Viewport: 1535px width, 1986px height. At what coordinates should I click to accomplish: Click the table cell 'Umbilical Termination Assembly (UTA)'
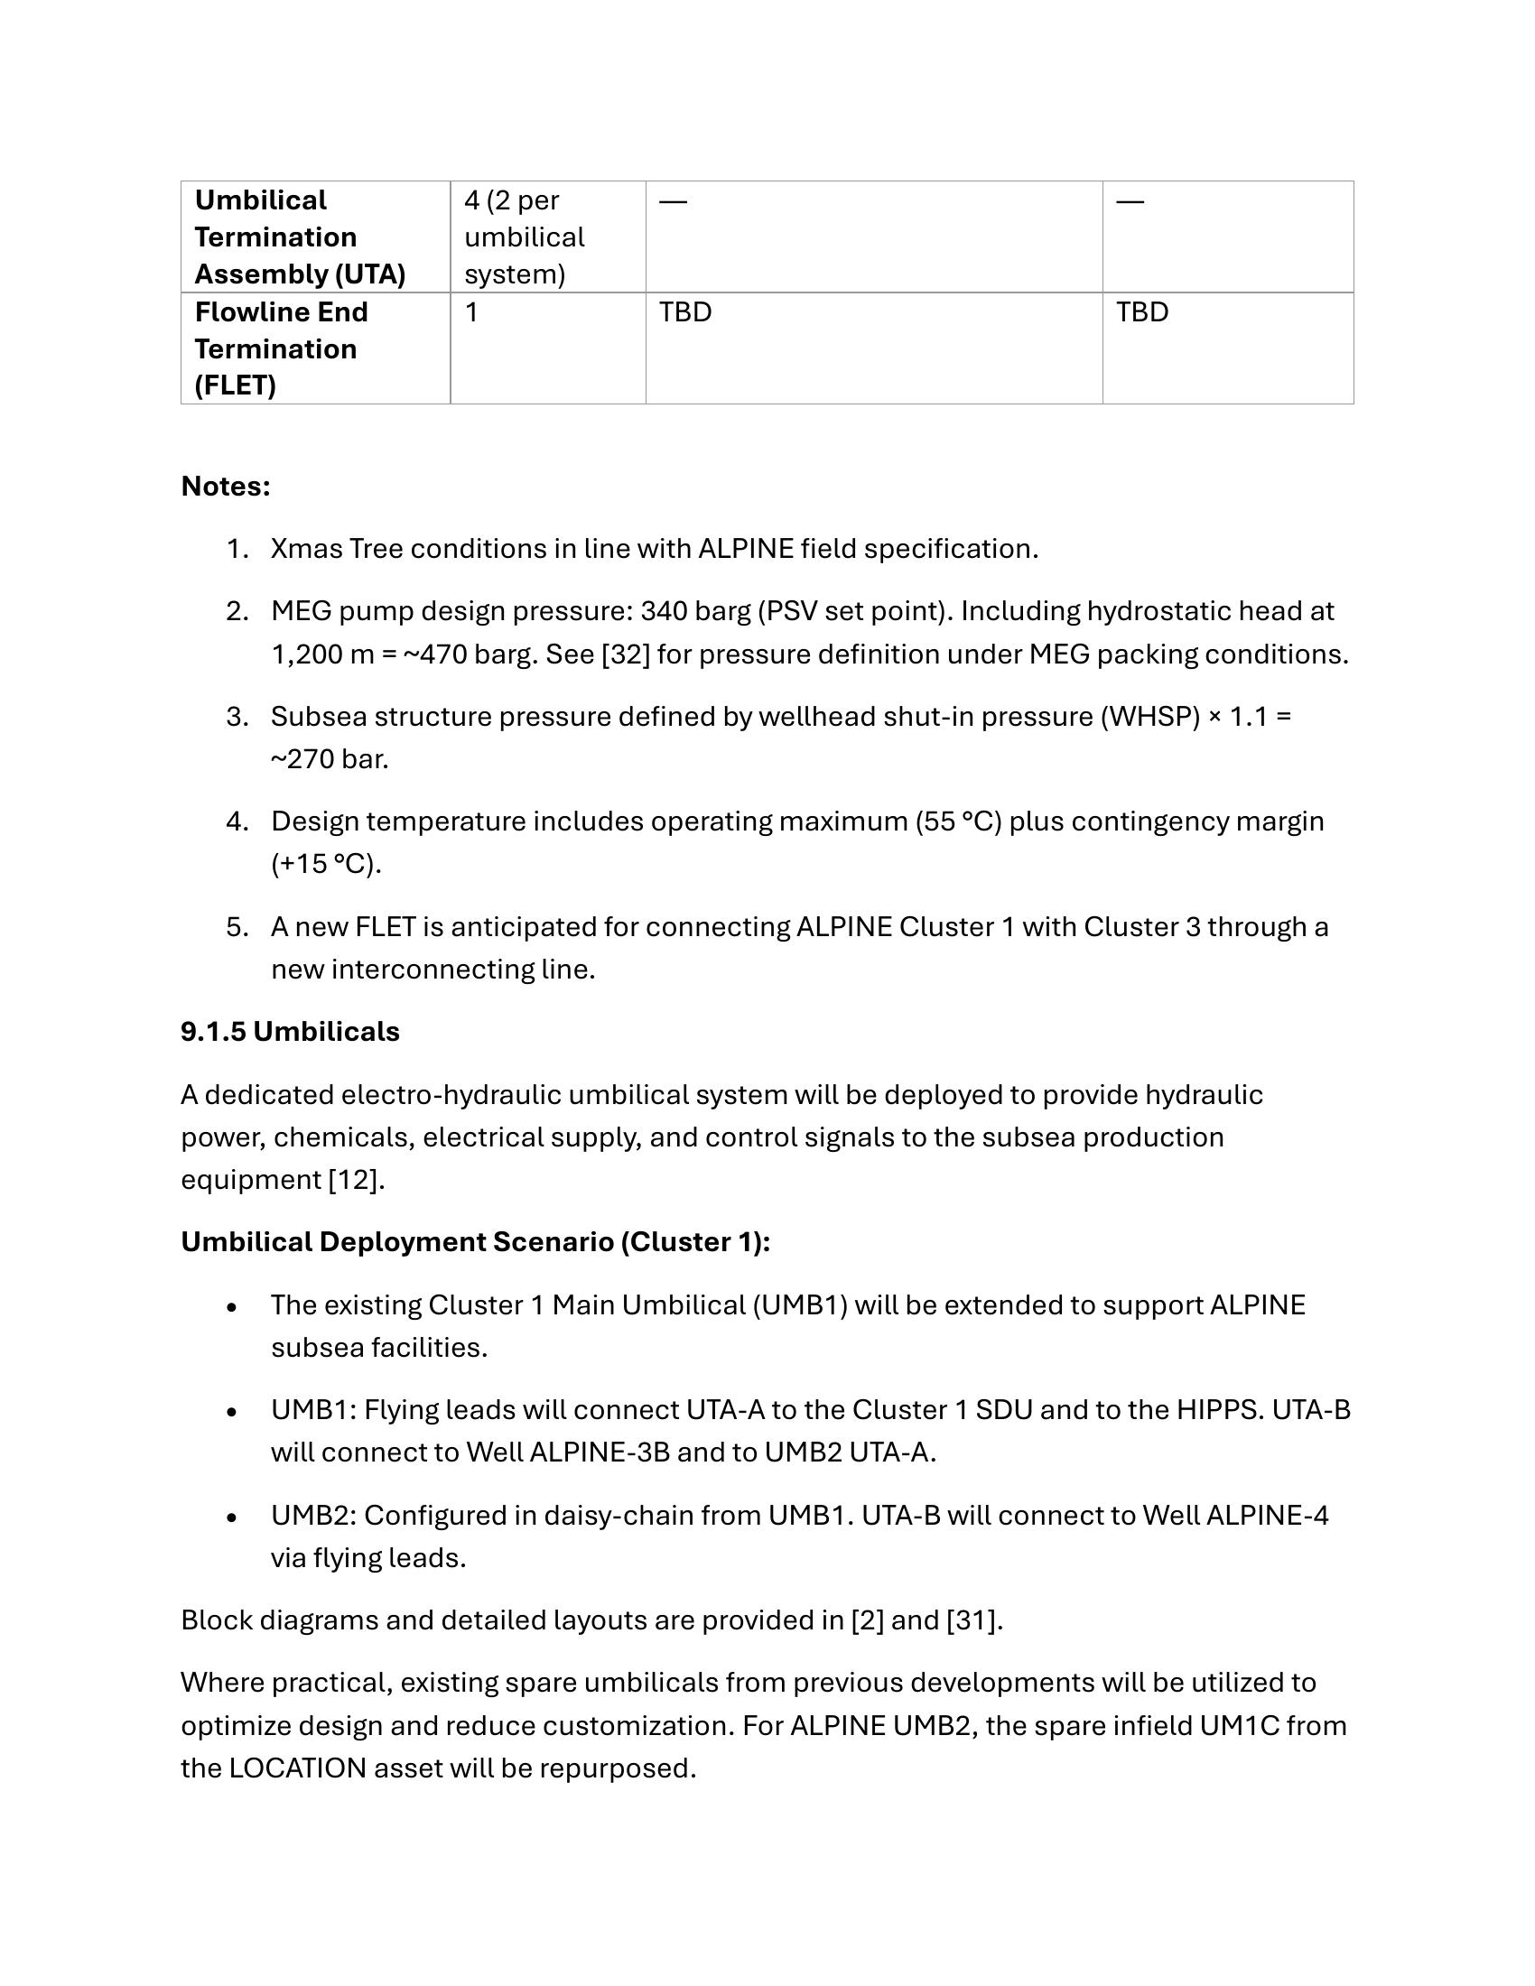pos(300,237)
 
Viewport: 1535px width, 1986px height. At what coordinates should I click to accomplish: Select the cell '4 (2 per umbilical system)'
pos(524,237)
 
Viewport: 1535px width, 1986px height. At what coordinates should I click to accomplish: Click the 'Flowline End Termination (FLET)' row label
pos(281,348)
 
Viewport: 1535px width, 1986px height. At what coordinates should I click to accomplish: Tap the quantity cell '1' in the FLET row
pos(471,312)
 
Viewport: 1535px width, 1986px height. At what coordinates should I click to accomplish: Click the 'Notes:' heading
pos(226,487)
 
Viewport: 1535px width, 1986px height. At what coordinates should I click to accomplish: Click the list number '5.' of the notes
pos(237,926)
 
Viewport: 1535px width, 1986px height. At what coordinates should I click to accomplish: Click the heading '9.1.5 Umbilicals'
pos(290,1031)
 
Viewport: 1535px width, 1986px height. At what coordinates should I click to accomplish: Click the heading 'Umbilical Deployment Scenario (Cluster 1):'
pos(476,1241)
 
